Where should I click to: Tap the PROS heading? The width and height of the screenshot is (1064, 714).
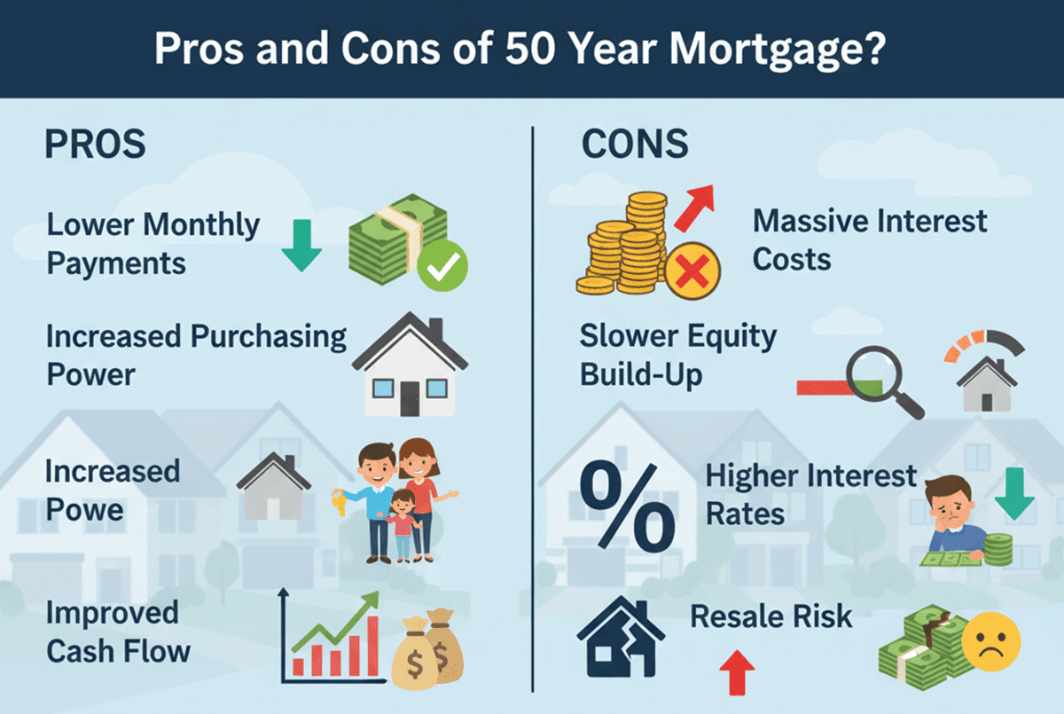click(95, 145)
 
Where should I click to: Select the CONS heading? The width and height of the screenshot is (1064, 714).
click(635, 145)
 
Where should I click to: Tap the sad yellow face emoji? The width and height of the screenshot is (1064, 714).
click(995, 642)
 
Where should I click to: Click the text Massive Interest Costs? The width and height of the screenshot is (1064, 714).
click(869, 239)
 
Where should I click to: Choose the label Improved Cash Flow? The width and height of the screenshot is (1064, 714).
click(118, 632)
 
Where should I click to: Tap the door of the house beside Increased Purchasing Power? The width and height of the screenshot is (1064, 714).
click(409, 396)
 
